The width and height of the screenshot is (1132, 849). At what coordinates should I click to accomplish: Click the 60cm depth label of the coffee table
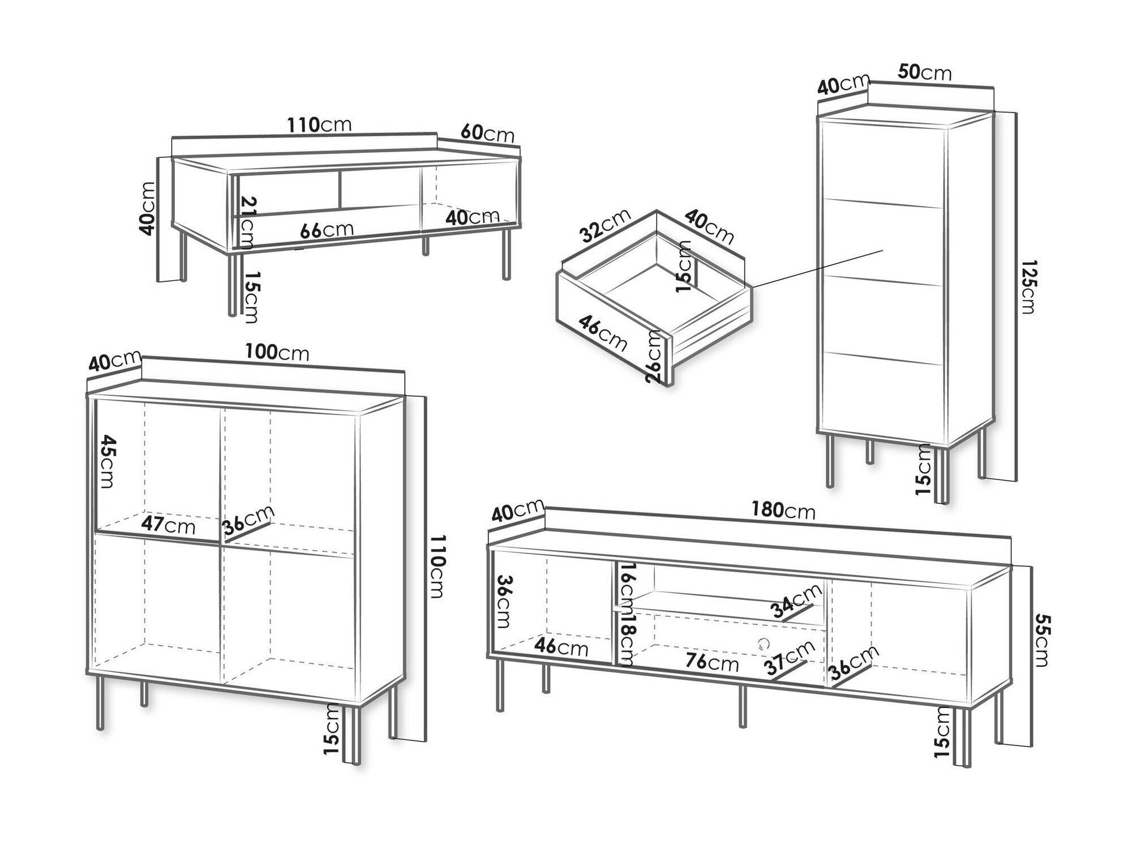(487, 133)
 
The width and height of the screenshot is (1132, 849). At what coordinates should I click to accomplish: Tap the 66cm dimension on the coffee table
(327, 230)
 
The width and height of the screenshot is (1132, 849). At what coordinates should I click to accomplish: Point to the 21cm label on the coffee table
(248, 222)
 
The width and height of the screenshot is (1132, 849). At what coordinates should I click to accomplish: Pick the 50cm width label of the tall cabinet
(925, 72)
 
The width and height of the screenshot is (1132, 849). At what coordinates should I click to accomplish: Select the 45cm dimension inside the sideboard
(106, 461)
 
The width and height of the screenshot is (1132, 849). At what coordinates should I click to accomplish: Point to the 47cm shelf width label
(168, 525)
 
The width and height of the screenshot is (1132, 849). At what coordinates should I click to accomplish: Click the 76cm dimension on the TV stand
(711, 661)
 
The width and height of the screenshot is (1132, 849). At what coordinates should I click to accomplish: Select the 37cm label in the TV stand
(788, 658)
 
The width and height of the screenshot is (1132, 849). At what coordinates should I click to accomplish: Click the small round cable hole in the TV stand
(764, 642)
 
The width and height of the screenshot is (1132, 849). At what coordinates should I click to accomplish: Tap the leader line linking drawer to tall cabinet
(818, 268)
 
